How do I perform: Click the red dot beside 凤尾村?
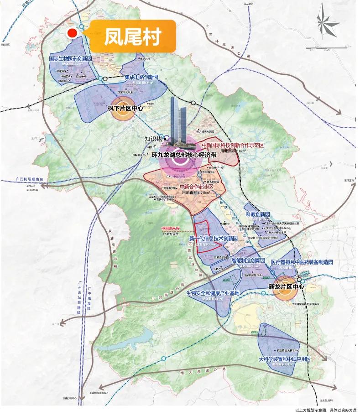pos(72,33)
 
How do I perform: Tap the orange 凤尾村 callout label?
pos(133,36)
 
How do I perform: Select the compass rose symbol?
pos(327,21)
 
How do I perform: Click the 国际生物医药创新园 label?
pos(71,59)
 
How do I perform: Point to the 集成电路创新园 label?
pos(141,78)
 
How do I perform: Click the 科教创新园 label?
pos(258,214)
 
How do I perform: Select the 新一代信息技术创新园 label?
pos(213,239)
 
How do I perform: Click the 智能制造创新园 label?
pos(248,260)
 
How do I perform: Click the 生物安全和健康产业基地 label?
pos(213,293)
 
